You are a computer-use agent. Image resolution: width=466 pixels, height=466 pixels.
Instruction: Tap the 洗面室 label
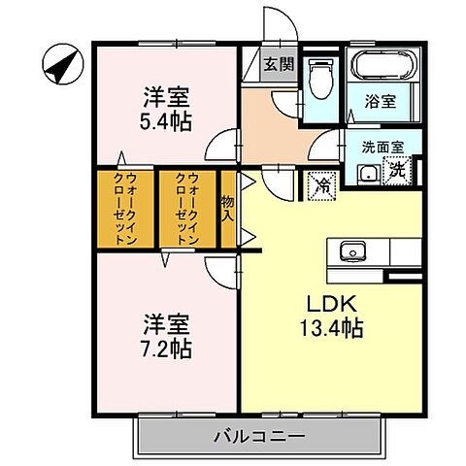pos(383,148)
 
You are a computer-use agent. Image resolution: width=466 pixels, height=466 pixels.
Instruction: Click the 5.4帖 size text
pos(166,122)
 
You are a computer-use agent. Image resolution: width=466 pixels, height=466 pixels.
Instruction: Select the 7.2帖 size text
pos(166,348)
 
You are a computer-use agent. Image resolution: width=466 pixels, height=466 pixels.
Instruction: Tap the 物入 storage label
pos(228,208)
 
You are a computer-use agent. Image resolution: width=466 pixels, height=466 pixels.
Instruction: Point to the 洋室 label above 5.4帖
pos(166,97)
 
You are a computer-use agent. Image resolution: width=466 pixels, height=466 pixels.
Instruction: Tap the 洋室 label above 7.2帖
pos(166,322)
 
